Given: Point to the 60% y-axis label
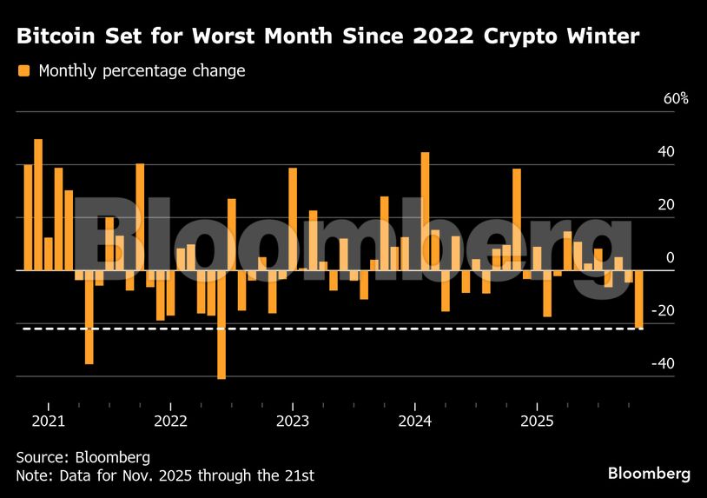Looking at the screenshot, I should click(x=676, y=99).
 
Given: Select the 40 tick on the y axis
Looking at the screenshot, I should click(x=666, y=152).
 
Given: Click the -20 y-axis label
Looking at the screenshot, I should click(x=663, y=311).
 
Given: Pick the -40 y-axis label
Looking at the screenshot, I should click(x=663, y=364).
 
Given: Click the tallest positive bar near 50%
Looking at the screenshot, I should click(x=38, y=204).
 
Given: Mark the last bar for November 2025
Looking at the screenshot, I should click(x=639, y=299).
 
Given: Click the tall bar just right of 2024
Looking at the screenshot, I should click(x=426, y=211).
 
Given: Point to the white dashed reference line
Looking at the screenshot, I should click(x=347, y=329).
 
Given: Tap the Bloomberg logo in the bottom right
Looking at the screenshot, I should click(x=649, y=474).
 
